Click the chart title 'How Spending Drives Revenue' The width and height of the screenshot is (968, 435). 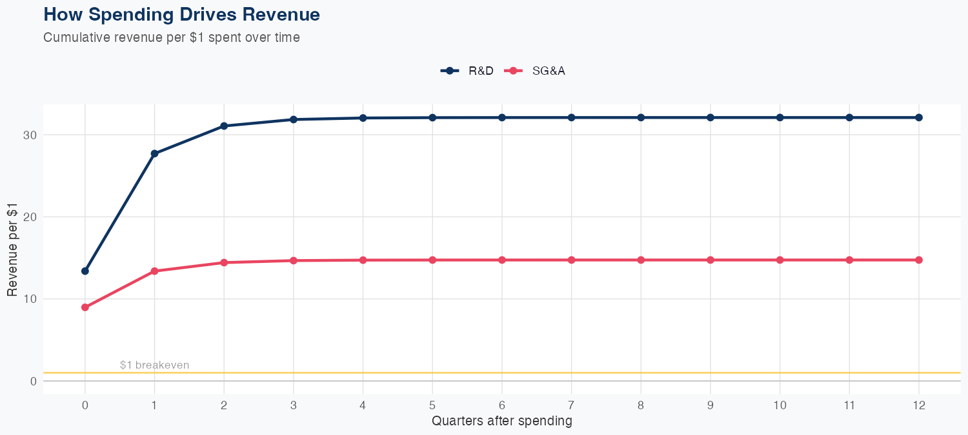click(x=181, y=14)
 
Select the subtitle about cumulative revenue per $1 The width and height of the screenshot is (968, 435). click(x=172, y=37)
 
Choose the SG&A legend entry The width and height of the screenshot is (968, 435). click(x=536, y=71)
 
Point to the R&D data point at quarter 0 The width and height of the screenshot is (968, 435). click(x=85, y=271)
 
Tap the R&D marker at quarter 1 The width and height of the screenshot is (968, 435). click(x=154, y=153)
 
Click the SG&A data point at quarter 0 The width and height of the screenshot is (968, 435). click(x=85, y=307)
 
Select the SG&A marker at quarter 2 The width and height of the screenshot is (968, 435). click(x=224, y=262)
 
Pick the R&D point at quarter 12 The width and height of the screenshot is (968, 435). click(x=919, y=117)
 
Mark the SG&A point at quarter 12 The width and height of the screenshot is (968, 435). click(x=919, y=260)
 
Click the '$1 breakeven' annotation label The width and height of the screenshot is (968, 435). click(x=154, y=365)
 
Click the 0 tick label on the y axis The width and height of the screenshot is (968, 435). click(x=32, y=381)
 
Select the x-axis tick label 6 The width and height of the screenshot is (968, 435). click(x=502, y=405)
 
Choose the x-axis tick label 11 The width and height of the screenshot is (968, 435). click(x=849, y=405)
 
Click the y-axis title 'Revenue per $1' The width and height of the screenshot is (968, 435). click(x=12, y=249)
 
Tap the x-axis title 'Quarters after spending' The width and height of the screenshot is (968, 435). click(x=502, y=421)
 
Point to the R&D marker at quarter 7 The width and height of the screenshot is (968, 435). click(x=571, y=117)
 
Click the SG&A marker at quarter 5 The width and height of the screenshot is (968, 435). click(x=432, y=260)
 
